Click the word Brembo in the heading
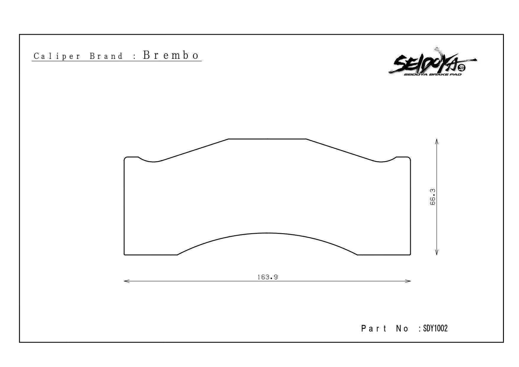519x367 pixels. coord(171,55)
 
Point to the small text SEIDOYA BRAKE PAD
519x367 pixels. coord(433,74)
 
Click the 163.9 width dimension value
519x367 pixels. coord(267,277)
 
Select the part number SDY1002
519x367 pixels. coord(435,328)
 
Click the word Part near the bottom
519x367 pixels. coord(374,329)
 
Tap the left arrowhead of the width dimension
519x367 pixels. coord(126,281)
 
